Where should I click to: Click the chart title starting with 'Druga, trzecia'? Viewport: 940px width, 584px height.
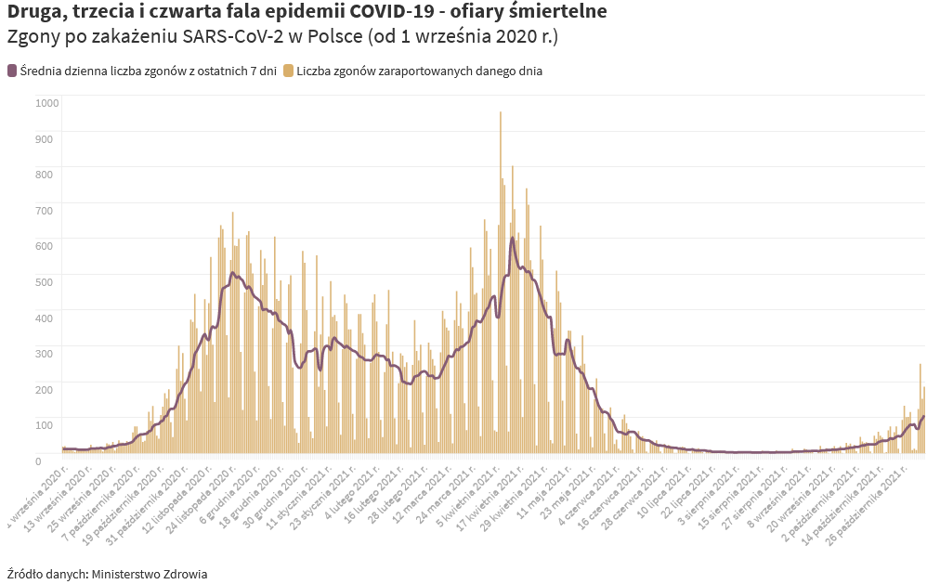[307, 12]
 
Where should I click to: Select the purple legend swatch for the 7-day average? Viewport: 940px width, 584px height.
[12, 71]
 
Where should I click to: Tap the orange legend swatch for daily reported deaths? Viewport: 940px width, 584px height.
[289, 71]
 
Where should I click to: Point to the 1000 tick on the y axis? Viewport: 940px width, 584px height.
[46, 102]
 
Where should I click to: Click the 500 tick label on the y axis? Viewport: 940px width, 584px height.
[45, 281]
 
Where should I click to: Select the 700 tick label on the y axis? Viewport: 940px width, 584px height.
[45, 210]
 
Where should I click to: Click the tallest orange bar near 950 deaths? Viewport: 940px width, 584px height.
[501, 116]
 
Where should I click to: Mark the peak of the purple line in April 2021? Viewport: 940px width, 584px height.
[513, 239]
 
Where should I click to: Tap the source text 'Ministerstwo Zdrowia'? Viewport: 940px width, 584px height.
[149, 574]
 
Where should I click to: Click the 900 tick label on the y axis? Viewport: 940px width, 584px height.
[45, 138]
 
